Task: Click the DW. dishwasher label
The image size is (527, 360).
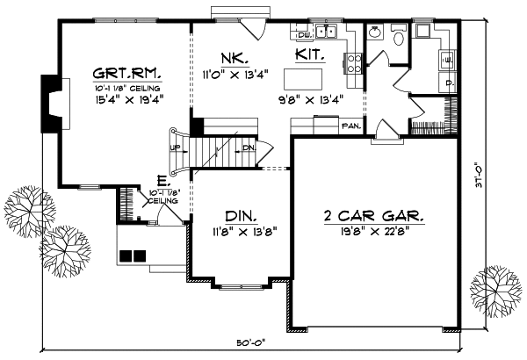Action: (x=303, y=34)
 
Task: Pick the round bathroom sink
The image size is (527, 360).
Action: (x=375, y=33)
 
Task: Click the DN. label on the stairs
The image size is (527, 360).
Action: (x=249, y=148)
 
